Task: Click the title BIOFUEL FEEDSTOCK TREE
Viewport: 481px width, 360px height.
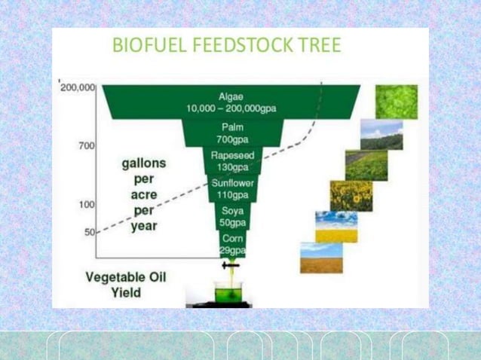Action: pyautogui.click(x=226, y=46)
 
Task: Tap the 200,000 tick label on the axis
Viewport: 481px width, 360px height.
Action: pyautogui.click(x=77, y=87)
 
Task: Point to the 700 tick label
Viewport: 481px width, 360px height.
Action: pyautogui.click(x=86, y=145)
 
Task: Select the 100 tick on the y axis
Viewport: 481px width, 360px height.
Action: pyautogui.click(x=86, y=204)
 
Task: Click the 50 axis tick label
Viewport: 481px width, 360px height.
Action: pyautogui.click(x=88, y=232)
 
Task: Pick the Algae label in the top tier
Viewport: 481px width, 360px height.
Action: pyautogui.click(x=231, y=96)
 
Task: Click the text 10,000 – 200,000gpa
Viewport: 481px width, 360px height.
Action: pyautogui.click(x=231, y=108)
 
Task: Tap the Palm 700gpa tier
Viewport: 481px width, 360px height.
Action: pyautogui.click(x=231, y=133)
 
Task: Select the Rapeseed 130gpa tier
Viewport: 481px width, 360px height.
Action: pyautogui.click(x=231, y=160)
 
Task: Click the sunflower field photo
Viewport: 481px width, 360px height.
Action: pyautogui.click(x=351, y=196)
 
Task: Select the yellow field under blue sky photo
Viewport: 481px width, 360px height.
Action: pyautogui.click(x=335, y=226)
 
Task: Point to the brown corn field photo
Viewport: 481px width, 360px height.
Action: pyautogui.click(x=321, y=257)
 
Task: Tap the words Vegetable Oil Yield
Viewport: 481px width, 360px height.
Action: pyautogui.click(x=125, y=284)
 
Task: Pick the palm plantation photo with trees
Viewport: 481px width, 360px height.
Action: pyautogui.click(x=381, y=134)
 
